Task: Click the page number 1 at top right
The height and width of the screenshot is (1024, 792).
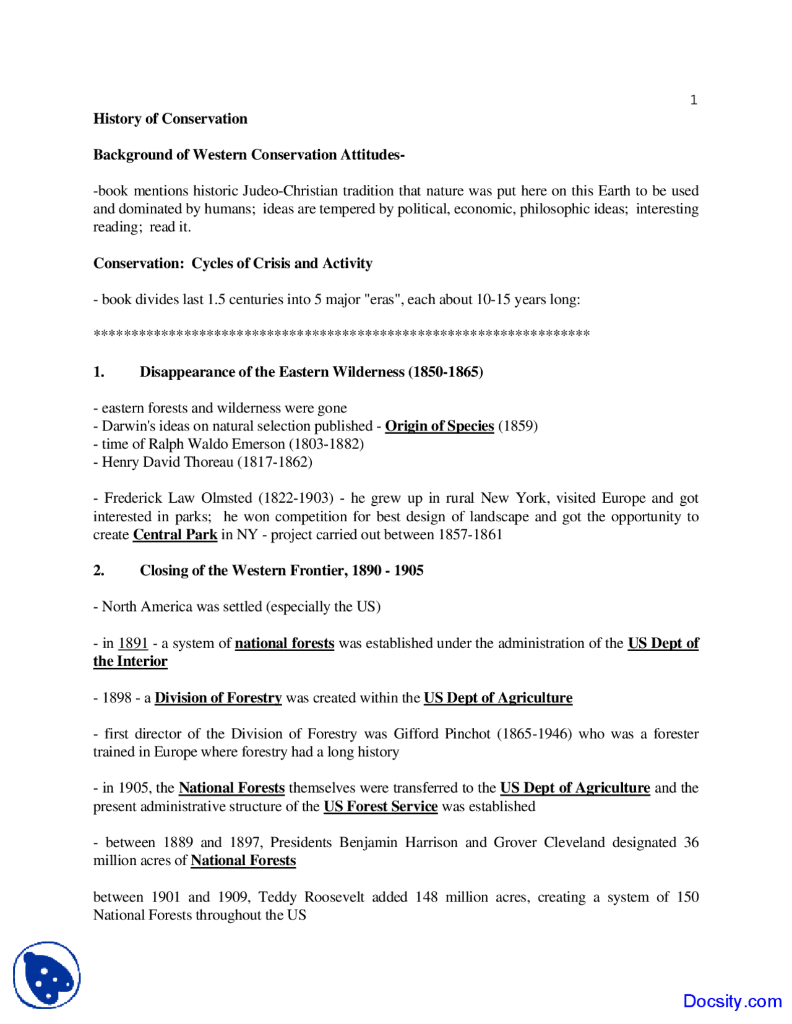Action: (694, 100)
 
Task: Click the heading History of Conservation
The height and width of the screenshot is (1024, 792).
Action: (170, 119)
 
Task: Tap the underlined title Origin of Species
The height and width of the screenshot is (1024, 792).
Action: (439, 426)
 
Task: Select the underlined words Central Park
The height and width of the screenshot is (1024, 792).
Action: (175, 535)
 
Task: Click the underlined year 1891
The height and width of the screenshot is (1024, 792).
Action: (133, 644)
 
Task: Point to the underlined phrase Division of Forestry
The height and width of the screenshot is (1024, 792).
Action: (218, 698)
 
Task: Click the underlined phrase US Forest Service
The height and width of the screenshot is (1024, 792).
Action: (381, 807)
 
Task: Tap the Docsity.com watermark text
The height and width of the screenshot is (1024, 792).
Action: (732, 1001)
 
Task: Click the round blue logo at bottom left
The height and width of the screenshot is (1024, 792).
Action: (47, 975)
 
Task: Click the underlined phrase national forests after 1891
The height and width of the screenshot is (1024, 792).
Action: (285, 644)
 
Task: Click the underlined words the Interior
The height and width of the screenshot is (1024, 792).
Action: (130, 662)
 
